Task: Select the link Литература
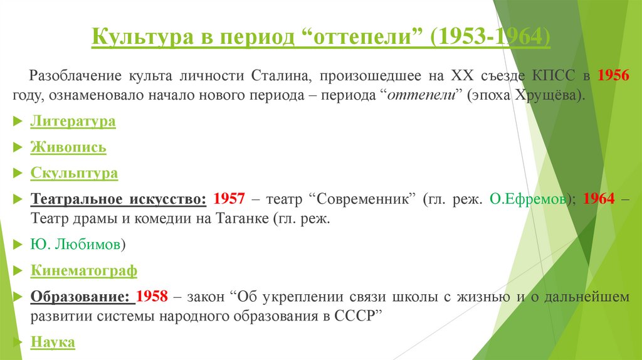point(73,122)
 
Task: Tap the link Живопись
point(68,147)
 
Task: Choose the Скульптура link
point(74,173)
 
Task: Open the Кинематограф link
point(84,271)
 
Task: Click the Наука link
point(53,342)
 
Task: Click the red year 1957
point(229,199)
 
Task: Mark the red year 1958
point(152,297)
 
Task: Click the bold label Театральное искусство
point(118,199)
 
